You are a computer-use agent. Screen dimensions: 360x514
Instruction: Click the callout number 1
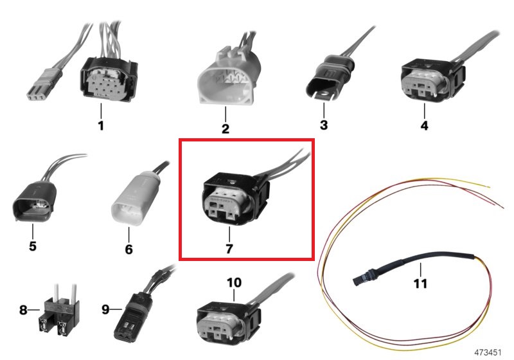pyautogui.click(x=101, y=125)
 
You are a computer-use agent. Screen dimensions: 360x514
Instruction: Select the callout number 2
pyautogui.click(x=226, y=129)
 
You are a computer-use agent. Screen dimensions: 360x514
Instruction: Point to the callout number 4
pyautogui.click(x=424, y=125)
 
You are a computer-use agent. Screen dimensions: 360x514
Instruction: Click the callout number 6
pyautogui.click(x=128, y=248)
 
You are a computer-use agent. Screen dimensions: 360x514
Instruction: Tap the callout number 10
pyautogui.click(x=234, y=283)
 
